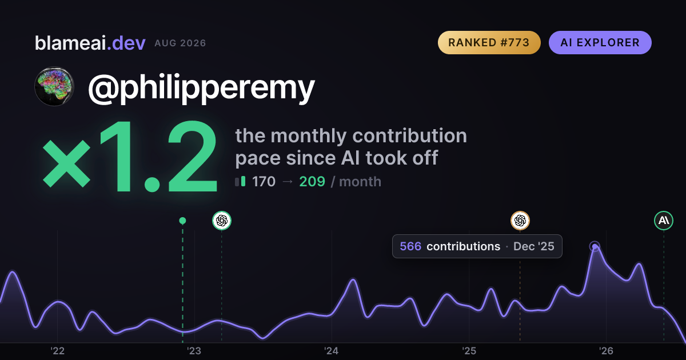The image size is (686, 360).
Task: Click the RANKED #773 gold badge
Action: [x=489, y=42]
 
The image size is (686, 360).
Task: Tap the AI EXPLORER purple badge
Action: [x=600, y=42]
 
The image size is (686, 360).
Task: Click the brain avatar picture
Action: [x=54, y=87]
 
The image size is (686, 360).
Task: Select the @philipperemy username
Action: [x=201, y=88]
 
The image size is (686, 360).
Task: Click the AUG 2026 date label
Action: [x=180, y=43]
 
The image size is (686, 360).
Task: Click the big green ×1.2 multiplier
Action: [x=130, y=156]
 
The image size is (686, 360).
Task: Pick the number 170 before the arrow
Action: [x=264, y=182]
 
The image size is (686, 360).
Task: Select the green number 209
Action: [x=312, y=182]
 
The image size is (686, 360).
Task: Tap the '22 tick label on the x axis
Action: [x=57, y=351]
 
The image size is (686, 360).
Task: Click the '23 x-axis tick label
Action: [x=194, y=351]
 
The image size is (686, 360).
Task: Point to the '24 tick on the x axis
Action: [x=332, y=351]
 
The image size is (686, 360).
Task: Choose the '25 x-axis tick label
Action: [x=469, y=351]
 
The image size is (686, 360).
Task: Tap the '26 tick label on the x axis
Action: [x=606, y=351]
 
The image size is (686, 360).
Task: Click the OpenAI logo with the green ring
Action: [x=222, y=221]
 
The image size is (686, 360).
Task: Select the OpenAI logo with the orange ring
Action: [x=520, y=221]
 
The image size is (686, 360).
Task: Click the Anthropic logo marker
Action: [x=664, y=221]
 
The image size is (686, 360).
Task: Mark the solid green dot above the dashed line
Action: [x=182, y=221]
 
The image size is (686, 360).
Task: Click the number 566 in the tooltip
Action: [x=410, y=246]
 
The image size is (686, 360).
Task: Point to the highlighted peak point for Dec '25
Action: [x=595, y=246]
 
